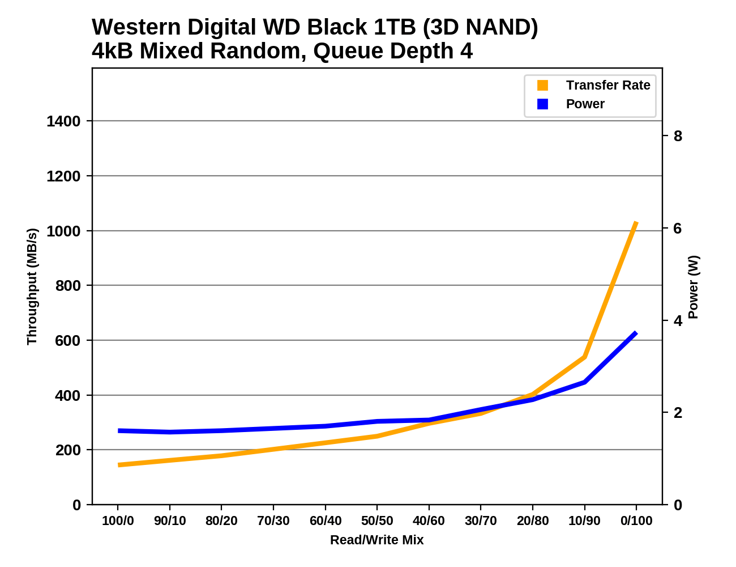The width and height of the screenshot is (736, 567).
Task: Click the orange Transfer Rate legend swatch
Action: click(542, 85)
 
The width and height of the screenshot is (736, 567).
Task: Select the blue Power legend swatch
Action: click(542, 104)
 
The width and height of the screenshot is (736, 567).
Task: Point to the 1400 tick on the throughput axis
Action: click(63, 121)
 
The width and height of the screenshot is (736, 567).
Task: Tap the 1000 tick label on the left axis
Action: click(63, 231)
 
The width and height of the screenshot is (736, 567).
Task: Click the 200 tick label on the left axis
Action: click(67, 450)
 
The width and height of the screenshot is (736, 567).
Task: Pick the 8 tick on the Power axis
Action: click(678, 136)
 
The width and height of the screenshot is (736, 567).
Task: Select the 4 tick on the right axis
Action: click(678, 321)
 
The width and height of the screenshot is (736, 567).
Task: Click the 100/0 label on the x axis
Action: click(118, 521)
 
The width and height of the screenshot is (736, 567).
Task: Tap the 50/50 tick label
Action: click(377, 521)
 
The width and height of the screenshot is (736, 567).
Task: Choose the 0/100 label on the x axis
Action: click(636, 521)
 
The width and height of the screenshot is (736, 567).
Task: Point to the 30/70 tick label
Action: click(481, 521)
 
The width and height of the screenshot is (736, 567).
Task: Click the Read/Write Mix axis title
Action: click(377, 540)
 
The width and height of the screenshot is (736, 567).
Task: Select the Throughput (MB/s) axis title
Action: click(32, 286)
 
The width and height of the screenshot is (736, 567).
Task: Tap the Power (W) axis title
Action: click(694, 287)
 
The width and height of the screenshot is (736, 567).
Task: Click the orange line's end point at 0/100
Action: click(636, 223)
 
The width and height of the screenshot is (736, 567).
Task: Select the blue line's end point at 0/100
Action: click(636, 333)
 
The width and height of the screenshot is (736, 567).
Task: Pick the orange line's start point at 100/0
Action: click(118, 465)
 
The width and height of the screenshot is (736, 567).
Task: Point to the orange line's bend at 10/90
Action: click(584, 357)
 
